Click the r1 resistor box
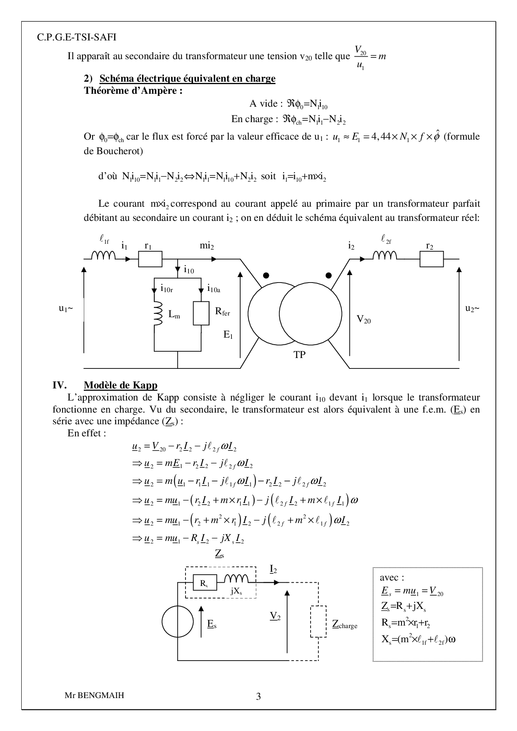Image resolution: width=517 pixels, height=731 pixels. pos(150,259)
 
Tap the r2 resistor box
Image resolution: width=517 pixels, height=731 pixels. pos(432,259)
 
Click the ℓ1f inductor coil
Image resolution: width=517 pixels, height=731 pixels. pos(103,255)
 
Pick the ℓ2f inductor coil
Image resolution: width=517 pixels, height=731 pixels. pos(385,255)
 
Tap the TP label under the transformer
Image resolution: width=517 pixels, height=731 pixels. pos(299,355)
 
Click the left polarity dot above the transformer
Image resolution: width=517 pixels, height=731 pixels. pos(266,275)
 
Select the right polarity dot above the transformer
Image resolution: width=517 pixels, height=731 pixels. pos(329,275)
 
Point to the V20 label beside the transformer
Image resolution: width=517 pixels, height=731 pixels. pos(364,320)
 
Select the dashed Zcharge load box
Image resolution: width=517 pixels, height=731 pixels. pos(318,622)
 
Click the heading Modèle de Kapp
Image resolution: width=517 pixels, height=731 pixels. pos(120,385)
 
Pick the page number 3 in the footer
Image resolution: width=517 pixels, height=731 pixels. pos(258,696)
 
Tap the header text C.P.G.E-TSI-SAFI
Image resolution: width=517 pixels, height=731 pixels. pos(77,37)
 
